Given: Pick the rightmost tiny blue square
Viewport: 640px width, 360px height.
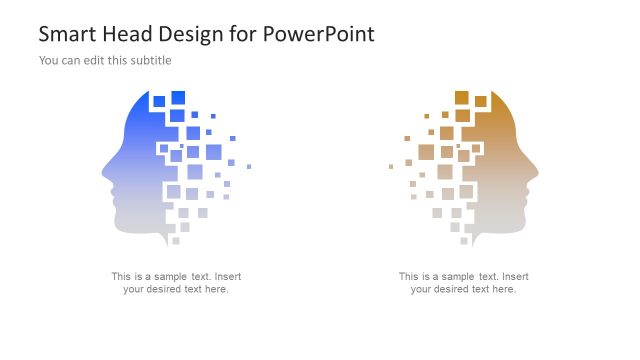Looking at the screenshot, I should coord(249,166).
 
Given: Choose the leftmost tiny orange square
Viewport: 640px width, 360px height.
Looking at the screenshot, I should coord(390,166).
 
